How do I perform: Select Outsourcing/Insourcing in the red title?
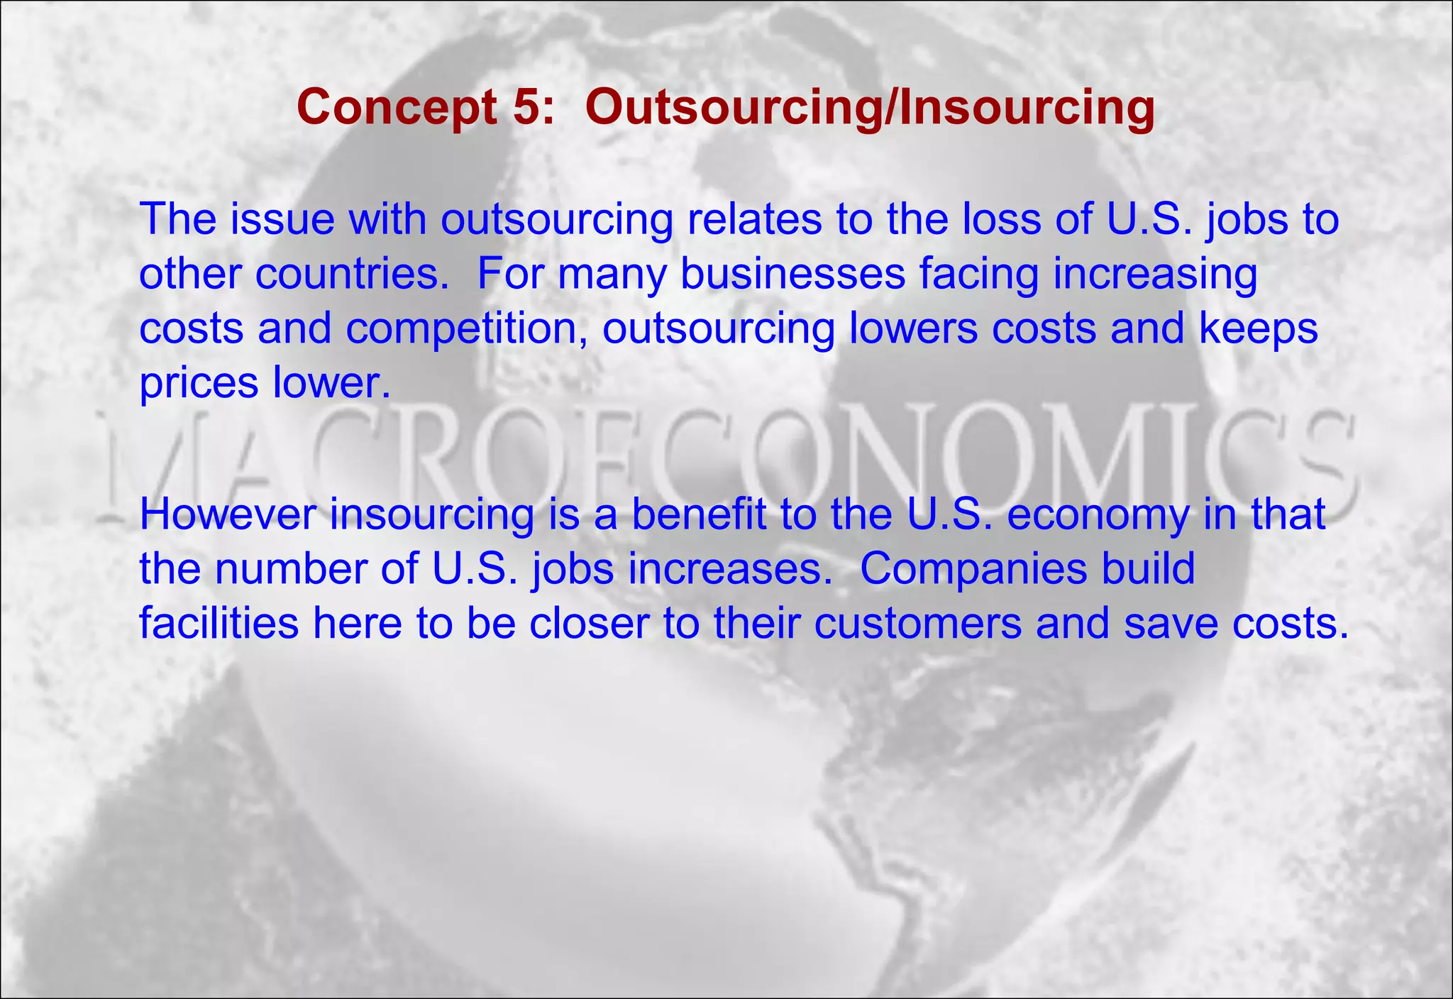(870, 109)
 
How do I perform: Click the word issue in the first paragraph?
(282, 219)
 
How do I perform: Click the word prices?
(199, 384)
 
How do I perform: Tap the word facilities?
(219, 624)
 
